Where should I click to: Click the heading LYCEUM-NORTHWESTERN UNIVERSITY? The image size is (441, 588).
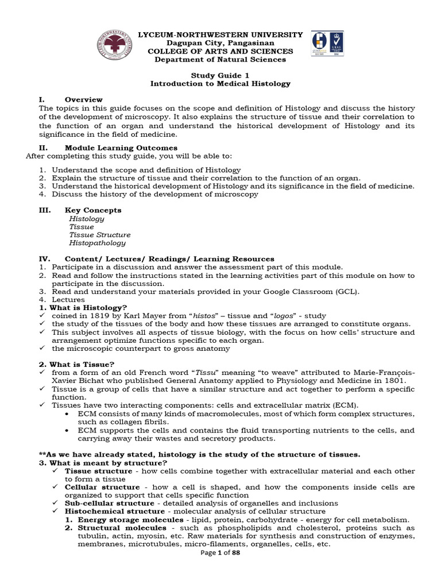(x=220, y=35)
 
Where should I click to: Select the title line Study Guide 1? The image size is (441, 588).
(x=220, y=75)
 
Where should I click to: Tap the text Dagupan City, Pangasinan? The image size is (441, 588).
(x=220, y=43)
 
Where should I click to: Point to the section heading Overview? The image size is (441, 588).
(x=84, y=99)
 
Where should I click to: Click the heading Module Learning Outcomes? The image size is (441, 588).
(x=121, y=148)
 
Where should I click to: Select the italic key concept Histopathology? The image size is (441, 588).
(x=97, y=243)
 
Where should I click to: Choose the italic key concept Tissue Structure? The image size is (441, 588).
(x=99, y=235)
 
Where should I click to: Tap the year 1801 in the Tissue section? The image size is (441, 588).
(x=392, y=381)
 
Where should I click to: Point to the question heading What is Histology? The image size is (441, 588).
(x=87, y=308)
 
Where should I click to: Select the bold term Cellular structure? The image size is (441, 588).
(x=101, y=487)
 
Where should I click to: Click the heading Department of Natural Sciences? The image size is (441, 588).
(x=220, y=59)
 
